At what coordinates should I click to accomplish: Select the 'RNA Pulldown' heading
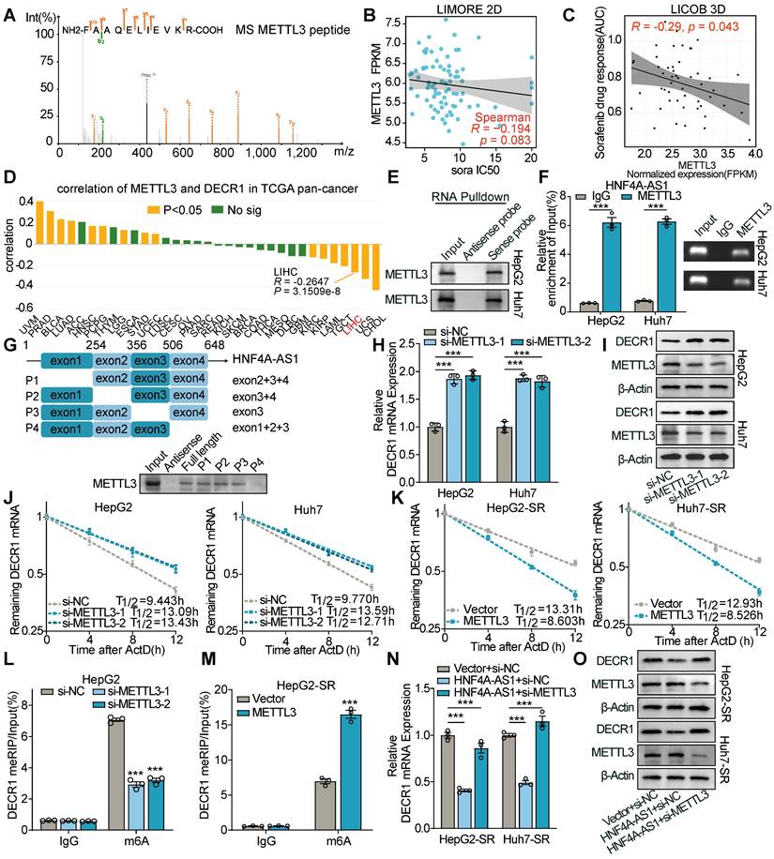point(457,199)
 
